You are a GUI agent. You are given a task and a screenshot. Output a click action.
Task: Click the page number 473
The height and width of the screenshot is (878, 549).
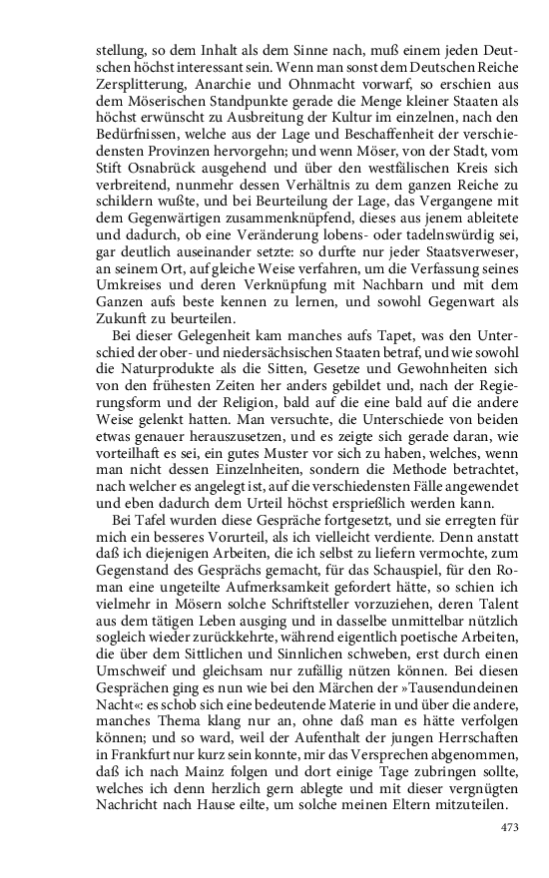coord(509,826)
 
